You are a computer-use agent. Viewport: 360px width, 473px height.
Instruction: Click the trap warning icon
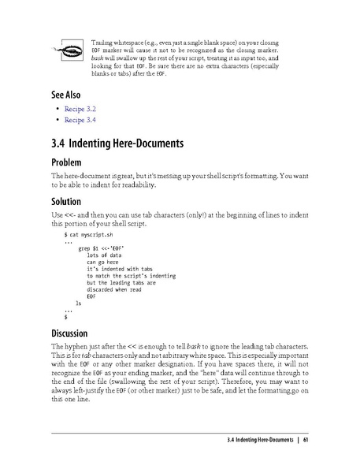click(62, 54)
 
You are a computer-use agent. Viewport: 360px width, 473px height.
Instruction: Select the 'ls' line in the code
click(77, 303)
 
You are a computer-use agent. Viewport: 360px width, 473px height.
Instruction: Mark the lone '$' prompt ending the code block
click(65, 316)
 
